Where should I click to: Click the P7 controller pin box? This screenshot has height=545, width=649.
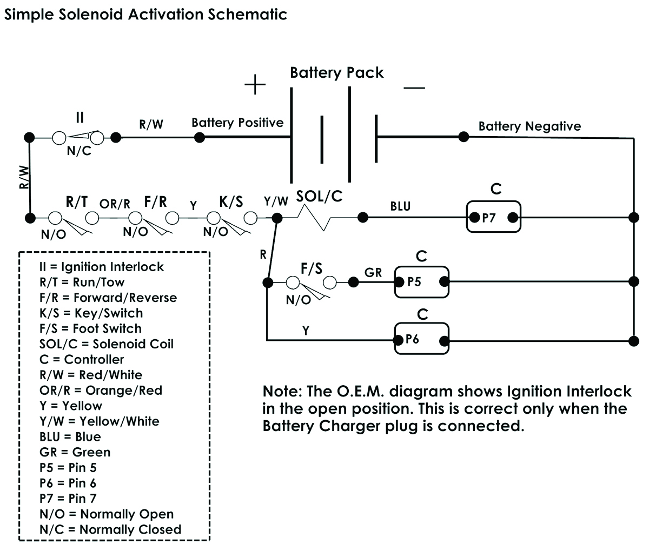tap(493, 217)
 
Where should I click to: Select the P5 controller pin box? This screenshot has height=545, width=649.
tap(421, 281)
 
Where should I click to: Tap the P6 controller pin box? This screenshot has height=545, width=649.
tap(421, 339)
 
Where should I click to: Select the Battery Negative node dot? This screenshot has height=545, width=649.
tap(463, 136)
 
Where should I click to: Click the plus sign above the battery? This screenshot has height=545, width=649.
tap(255, 85)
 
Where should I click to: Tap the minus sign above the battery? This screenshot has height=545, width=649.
tap(414, 88)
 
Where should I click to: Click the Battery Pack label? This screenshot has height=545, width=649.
tap(336, 72)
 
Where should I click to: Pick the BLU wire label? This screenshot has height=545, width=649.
tap(400, 206)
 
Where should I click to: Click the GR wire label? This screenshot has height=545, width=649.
tap(373, 272)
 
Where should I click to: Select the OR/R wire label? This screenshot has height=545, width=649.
tap(115, 204)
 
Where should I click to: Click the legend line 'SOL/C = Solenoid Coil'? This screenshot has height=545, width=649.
tap(107, 344)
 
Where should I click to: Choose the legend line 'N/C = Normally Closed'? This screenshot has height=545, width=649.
tap(110, 529)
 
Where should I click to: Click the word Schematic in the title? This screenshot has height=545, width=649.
tap(247, 14)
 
